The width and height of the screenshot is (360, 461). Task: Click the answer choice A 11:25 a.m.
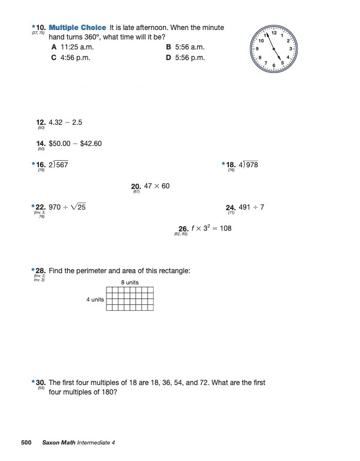[75, 47]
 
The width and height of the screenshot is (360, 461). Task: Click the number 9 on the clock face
[257, 48]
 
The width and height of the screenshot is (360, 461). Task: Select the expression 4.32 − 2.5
[65, 122]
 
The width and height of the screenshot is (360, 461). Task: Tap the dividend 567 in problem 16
[62, 165]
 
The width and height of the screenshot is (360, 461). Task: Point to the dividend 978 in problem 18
[252, 165]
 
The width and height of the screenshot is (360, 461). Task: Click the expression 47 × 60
[156, 186]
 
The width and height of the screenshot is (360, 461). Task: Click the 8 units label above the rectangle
[129, 283]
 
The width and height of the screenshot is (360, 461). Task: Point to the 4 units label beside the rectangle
[95, 299]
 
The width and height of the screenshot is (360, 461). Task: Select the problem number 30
[41, 383]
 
